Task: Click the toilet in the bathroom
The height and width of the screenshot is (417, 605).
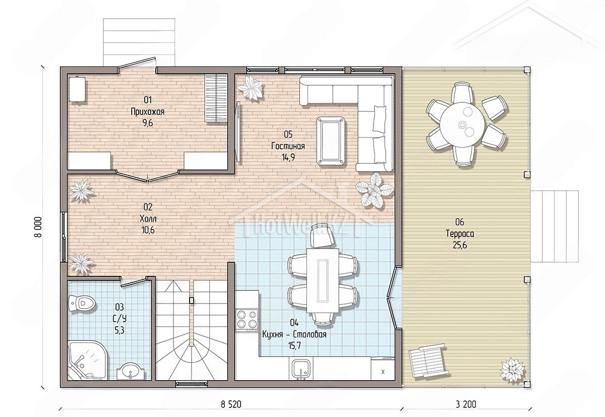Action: tap(82, 304)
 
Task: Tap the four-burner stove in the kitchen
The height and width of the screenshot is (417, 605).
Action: tap(247, 320)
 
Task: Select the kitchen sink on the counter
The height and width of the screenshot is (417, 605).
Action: tap(301, 369)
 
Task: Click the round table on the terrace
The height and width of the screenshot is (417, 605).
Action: tap(462, 125)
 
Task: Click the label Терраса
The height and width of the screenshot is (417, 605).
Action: tap(460, 233)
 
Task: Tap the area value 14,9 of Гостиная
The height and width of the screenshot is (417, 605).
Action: tap(288, 157)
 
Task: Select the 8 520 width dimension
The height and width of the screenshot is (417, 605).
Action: tap(231, 404)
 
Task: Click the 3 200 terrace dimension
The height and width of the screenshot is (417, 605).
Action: tap(466, 404)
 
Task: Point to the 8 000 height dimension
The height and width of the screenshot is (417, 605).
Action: tap(38, 227)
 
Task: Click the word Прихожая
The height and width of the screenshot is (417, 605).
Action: tap(147, 111)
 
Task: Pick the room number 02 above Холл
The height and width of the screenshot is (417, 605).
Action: tap(148, 207)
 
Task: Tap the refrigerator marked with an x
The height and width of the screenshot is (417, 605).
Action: tap(383, 369)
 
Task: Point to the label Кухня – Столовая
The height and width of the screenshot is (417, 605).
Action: tap(294, 334)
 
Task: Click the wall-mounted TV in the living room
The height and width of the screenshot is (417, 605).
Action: tap(238, 132)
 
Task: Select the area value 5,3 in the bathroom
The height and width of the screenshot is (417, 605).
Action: tap(119, 330)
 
